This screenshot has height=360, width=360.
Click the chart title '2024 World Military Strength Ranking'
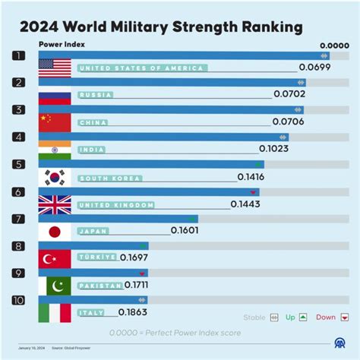point(161,27)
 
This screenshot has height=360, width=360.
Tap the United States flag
point(55,68)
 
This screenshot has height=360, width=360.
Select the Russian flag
point(55,96)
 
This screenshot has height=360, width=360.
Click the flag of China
point(55,122)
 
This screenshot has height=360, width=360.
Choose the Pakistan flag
point(55,286)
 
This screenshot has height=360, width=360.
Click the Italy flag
point(55,313)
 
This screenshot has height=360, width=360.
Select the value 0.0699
point(314,68)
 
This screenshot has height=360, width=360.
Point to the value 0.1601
point(185,231)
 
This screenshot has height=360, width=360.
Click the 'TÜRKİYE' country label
point(97,257)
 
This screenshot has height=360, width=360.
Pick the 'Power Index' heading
point(62,44)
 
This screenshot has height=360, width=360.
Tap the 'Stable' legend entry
point(261,317)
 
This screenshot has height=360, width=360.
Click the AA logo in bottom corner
point(338,344)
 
